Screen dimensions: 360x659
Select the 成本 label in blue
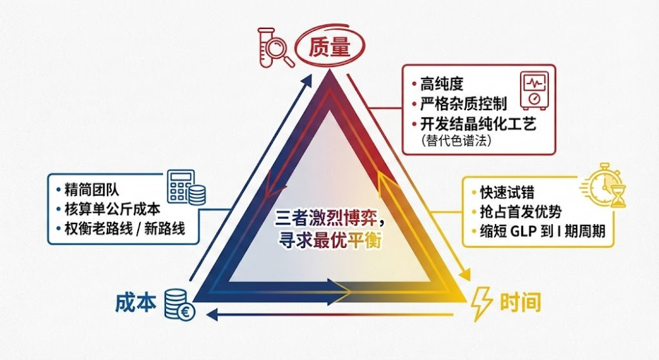coord(136,302)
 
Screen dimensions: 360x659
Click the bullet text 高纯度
coord(441,84)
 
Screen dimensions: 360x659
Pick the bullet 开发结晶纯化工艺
coord(469,123)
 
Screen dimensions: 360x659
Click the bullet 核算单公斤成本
coord(109,211)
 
